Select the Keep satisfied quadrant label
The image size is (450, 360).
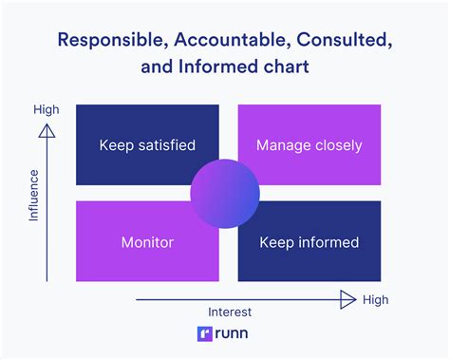pyautogui.click(x=147, y=145)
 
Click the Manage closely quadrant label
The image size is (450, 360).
pyautogui.click(x=309, y=145)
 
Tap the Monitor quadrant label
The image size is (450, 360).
pyautogui.click(x=147, y=242)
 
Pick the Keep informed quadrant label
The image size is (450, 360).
pyautogui.click(x=309, y=242)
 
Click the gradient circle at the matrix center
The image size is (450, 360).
pyautogui.click(x=225, y=194)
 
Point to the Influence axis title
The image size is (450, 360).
pyautogui.click(x=34, y=196)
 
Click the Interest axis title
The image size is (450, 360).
pyautogui.click(x=229, y=312)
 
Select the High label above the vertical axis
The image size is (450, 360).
pyautogui.click(x=47, y=109)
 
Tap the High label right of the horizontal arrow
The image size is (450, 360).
pyautogui.click(x=376, y=300)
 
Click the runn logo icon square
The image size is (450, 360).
pyautogui.click(x=204, y=334)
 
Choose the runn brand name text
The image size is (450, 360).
pyautogui.click(x=234, y=334)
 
